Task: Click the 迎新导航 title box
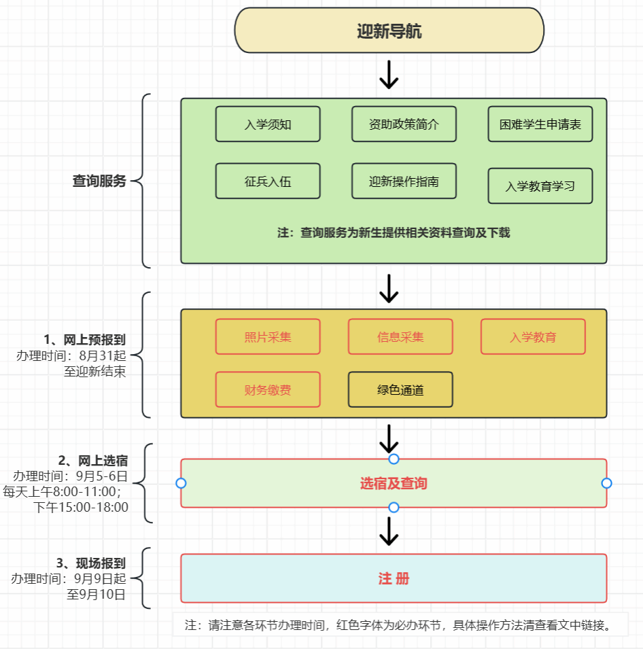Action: point(389,31)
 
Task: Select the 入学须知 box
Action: point(268,124)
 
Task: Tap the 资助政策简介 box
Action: point(404,124)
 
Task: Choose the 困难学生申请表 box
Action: point(540,124)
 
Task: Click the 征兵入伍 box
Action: point(268,181)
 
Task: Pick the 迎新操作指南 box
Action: point(404,181)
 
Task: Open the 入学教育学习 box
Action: point(540,186)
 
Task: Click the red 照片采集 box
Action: point(268,337)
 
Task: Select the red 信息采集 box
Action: point(400,337)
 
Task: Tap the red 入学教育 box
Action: point(533,337)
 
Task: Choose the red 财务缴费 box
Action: point(268,390)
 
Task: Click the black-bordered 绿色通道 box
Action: point(400,390)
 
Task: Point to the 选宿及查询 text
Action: point(394,484)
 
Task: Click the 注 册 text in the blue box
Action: point(394,579)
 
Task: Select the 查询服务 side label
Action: point(99,181)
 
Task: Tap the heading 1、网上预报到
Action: point(84,340)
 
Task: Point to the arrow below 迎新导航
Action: point(389,75)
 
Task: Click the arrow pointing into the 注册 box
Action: point(389,531)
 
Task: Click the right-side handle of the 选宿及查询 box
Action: point(607,483)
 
